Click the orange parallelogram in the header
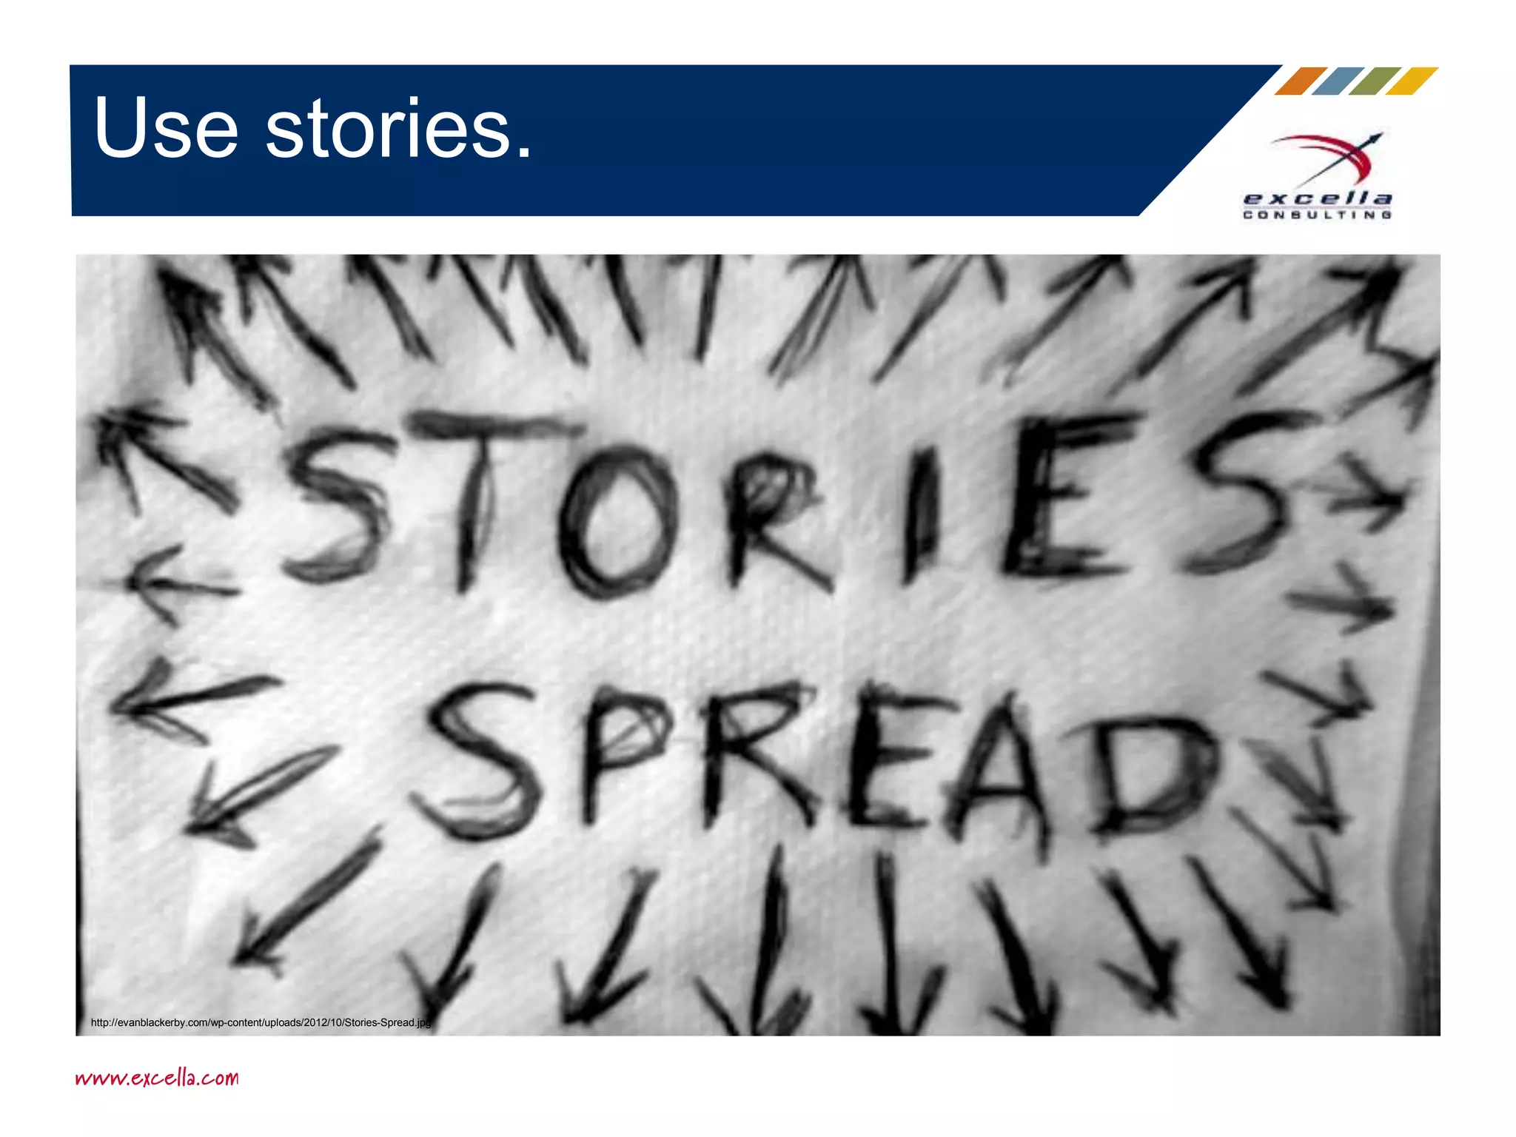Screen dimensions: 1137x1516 (x=1301, y=81)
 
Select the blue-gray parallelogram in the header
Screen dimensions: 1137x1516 (x=1338, y=81)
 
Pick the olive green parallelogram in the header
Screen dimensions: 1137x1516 (x=1375, y=81)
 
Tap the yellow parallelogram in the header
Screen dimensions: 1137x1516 (x=1412, y=81)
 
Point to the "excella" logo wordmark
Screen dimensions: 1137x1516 (x=1318, y=198)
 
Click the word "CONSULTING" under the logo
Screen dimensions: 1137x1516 (x=1318, y=215)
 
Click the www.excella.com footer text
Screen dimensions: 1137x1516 (x=157, y=1077)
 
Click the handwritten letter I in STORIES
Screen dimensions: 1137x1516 (x=918, y=511)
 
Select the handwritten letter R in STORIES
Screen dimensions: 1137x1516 (x=770, y=518)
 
